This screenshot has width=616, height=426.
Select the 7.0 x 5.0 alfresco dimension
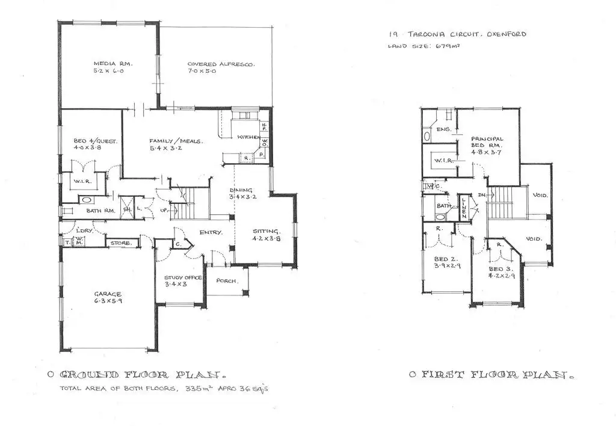202,72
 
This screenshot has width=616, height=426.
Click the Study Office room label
179,277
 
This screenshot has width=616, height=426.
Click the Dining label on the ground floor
241,190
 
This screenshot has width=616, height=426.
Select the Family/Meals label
176,142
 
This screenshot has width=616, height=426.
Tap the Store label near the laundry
121,244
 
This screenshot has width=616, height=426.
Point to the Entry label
211,232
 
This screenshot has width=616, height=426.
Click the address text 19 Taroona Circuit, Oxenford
457,34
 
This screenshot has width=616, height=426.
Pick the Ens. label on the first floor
443,129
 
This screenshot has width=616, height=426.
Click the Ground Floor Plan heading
144,374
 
